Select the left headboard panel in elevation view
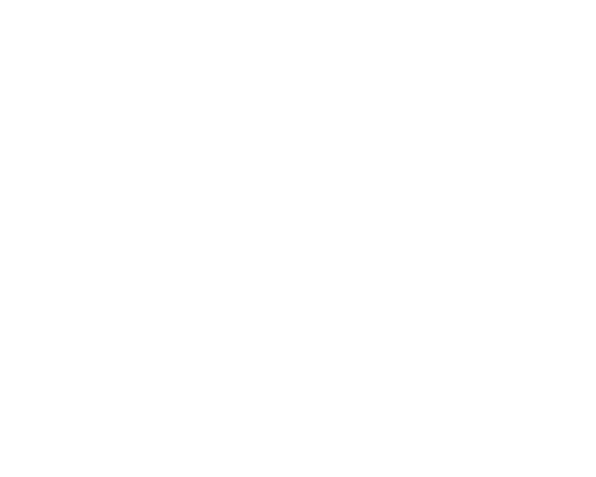tap(89, 75)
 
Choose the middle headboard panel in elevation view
tap(148, 75)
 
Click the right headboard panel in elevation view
tap(206, 75)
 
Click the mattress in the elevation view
tap(148, 112)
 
